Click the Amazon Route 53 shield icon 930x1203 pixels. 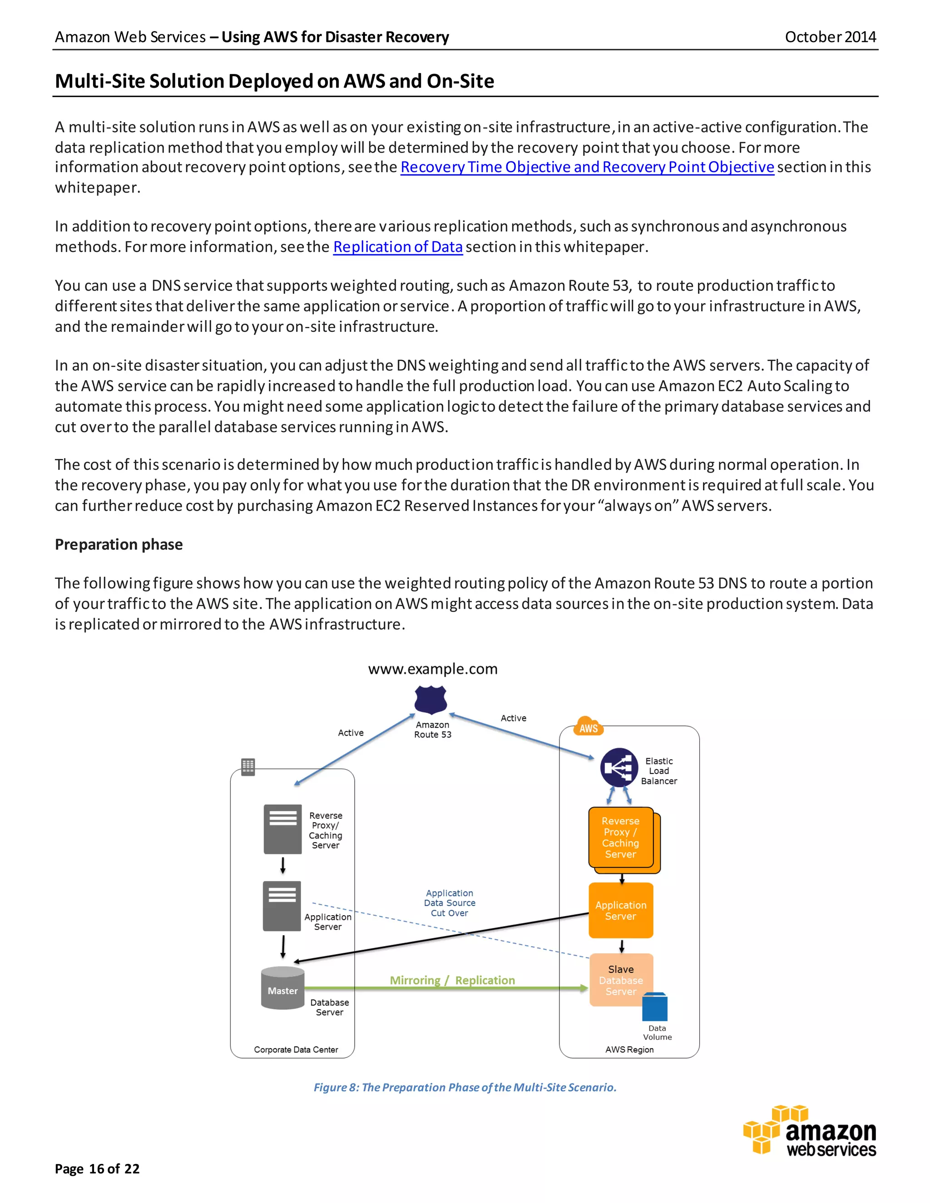coord(430,700)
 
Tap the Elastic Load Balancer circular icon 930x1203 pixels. coord(619,767)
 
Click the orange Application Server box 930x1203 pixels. coord(620,911)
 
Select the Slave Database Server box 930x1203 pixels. coord(620,980)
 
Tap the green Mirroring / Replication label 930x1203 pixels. coord(452,980)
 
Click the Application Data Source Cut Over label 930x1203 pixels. coord(449,903)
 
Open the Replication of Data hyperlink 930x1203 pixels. coord(397,247)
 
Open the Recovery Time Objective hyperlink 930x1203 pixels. coord(587,167)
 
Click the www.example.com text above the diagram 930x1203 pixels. coord(432,669)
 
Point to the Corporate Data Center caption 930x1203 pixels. coord(296,1049)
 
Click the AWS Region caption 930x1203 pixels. coord(629,1049)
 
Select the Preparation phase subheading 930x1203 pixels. coord(119,544)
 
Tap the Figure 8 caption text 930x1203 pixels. coord(465,1087)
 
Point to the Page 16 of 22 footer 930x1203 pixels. coord(97,1168)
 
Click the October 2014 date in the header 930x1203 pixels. coord(830,37)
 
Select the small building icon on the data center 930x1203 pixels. coord(248,766)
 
